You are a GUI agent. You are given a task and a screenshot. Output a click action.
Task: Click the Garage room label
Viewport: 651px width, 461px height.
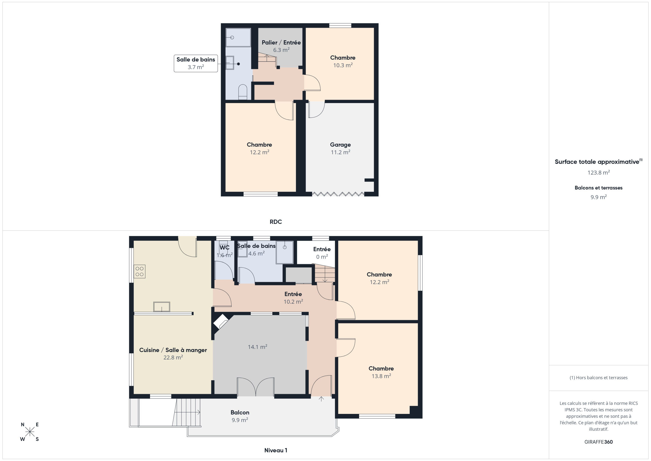point(340,145)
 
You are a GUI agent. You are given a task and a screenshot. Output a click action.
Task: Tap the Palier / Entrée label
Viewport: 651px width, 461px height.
point(281,43)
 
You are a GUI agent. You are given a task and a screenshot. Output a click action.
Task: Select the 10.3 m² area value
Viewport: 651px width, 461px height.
point(343,65)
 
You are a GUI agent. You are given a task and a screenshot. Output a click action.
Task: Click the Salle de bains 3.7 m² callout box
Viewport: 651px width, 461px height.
point(196,63)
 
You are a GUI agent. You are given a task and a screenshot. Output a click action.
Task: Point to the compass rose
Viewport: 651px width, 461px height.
point(29,432)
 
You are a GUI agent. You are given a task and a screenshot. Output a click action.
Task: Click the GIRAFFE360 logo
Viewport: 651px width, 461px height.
point(598,442)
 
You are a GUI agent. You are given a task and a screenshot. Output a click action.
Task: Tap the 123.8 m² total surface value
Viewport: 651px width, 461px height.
point(598,172)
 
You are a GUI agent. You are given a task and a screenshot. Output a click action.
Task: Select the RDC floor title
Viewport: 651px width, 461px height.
point(276,222)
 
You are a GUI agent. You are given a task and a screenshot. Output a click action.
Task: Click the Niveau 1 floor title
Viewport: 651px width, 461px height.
point(276,450)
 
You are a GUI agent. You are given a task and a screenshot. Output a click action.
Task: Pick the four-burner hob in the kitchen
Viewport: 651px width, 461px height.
point(140,271)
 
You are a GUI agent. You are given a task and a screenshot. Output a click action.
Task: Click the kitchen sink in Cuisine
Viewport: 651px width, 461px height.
point(162,307)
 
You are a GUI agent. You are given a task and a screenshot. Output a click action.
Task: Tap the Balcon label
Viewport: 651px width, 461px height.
point(240,412)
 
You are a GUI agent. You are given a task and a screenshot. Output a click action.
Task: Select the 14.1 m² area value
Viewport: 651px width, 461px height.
point(257,347)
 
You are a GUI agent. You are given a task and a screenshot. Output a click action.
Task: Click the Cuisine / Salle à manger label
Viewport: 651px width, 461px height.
point(173,350)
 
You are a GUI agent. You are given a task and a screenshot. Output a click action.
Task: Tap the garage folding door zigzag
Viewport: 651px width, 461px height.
point(338,194)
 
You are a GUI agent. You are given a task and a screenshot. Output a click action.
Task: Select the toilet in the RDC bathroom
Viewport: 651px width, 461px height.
point(243,92)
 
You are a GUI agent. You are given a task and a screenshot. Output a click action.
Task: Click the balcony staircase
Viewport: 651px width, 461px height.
point(186,412)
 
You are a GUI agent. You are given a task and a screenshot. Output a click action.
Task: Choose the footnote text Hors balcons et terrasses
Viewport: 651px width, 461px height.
point(598,378)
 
